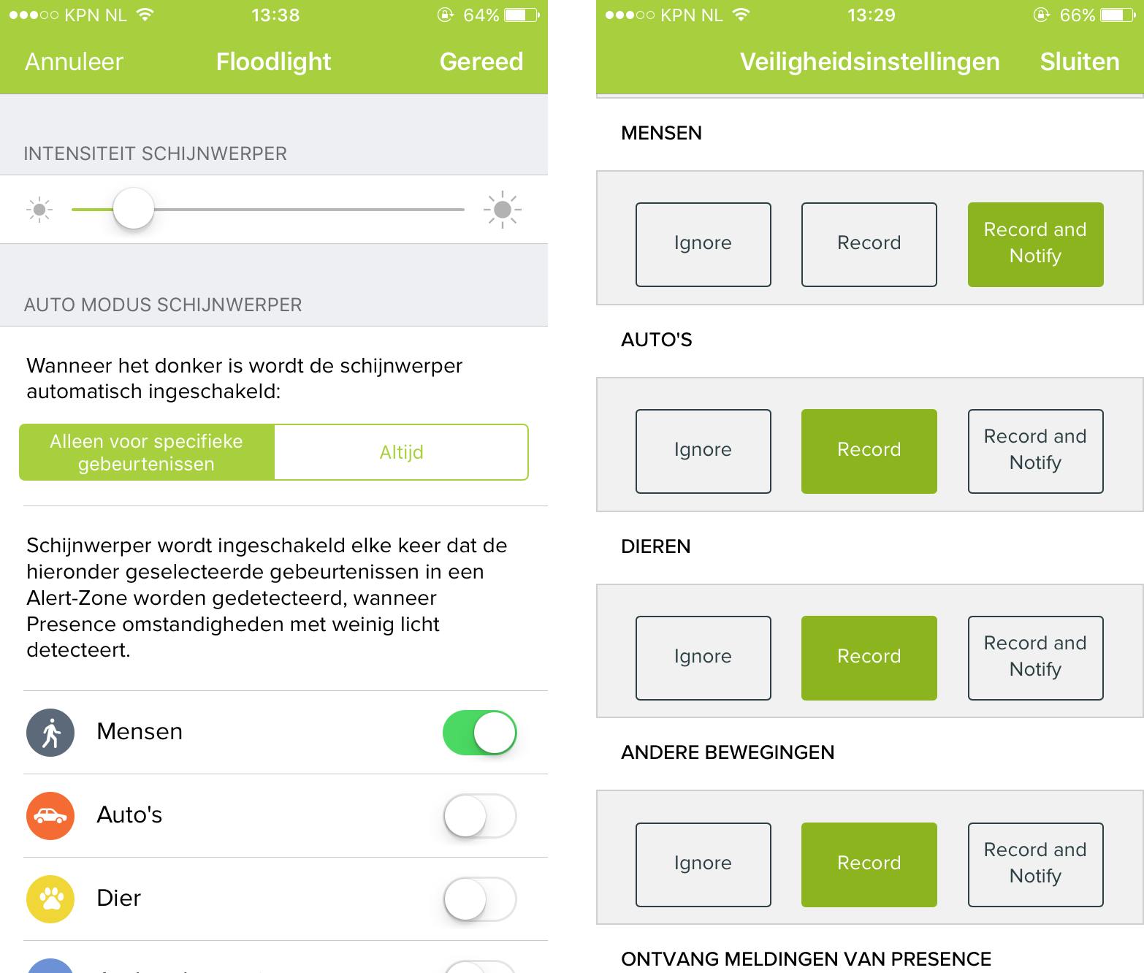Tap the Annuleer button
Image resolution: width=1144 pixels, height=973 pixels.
(74, 61)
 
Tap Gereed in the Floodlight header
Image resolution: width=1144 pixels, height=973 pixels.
(481, 61)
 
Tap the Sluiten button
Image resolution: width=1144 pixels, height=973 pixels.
(1079, 61)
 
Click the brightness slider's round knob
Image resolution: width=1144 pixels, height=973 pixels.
(134, 209)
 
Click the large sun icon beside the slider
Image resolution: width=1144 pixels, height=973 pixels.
(502, 209)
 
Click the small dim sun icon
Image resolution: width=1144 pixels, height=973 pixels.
(39, 209)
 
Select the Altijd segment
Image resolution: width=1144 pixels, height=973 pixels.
(401, 452)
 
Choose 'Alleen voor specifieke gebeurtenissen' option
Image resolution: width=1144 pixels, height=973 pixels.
(147, 452)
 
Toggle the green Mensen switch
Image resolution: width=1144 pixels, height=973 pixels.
(479, 732)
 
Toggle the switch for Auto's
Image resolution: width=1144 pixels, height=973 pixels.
(479, 815)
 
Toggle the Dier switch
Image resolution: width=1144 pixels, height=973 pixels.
(479, 898)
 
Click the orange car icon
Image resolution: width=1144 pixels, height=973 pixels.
(50, 815)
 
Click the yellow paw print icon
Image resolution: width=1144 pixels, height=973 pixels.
(50, 898)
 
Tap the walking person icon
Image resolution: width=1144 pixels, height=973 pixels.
(50, 732)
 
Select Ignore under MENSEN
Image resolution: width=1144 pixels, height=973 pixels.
(703, 244)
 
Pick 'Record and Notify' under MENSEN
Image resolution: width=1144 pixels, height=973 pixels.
(1035, 244)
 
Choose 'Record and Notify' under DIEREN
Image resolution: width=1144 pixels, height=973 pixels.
(1035, 657)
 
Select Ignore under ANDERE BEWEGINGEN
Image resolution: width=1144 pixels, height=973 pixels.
(703, 864)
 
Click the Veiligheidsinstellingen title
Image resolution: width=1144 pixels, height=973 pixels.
(869, 62)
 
